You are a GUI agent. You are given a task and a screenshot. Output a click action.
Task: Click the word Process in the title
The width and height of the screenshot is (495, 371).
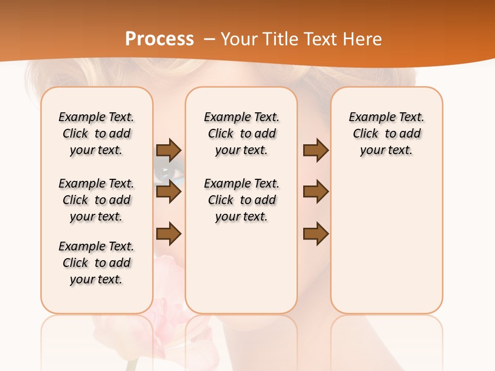[159, 39]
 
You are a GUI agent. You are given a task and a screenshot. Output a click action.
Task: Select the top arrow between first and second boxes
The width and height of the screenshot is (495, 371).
[169, 150]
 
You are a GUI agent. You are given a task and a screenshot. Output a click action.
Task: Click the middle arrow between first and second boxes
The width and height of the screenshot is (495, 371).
[169, 192]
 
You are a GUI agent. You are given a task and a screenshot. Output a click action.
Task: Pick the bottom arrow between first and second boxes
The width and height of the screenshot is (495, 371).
[169, 234]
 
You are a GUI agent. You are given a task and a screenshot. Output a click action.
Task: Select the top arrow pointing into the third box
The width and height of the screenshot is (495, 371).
[316, 150]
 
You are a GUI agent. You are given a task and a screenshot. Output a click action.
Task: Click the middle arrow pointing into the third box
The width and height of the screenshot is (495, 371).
[316, 192]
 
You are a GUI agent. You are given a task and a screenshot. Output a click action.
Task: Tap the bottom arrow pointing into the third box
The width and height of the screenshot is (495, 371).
[316, 234]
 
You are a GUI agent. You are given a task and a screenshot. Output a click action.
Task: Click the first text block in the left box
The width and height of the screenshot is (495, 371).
[96, 133]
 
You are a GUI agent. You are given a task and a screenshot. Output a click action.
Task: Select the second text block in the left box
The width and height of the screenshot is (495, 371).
[96, 200]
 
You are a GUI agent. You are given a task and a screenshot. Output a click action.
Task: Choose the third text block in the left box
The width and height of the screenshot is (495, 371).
[96, 263]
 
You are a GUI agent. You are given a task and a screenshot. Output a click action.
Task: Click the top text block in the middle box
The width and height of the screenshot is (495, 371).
[241, 133]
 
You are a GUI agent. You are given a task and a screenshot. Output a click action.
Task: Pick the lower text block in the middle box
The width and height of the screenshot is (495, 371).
[241, 200]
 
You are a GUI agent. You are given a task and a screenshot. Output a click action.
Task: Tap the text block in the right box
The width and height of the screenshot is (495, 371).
[386, 133]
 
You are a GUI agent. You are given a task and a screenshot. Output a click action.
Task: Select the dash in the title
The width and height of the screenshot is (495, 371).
[209, 39]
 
